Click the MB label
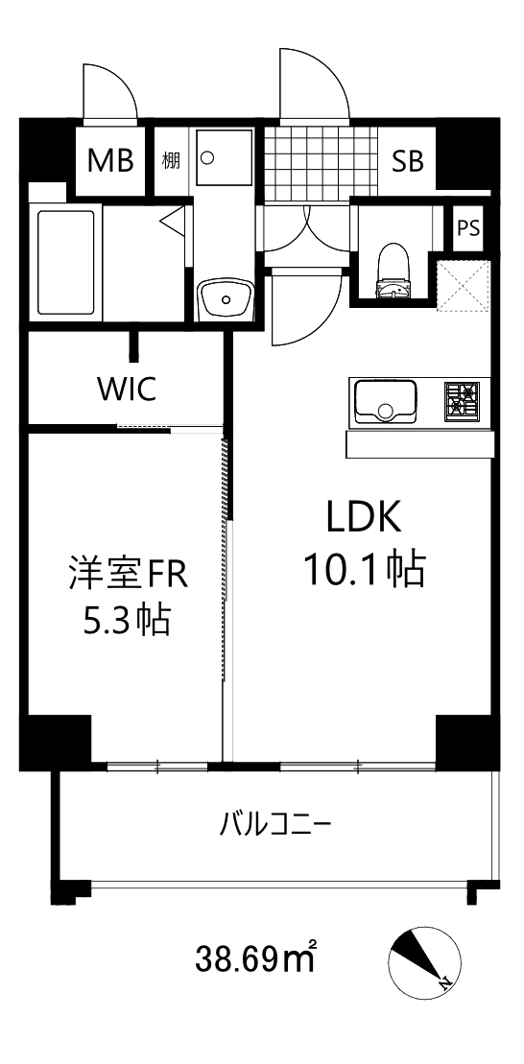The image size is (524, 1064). (x=110, y=161)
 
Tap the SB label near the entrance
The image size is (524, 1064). (x=407, y=161)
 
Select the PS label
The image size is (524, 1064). (x=469, y=229)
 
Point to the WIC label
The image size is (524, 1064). (x=126, y=390)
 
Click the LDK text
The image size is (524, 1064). (x=363, y=519)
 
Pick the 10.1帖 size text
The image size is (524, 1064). (x=364, y=571)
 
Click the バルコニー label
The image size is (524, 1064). (x=275, y=824)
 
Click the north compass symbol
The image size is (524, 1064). (x=425, y=960)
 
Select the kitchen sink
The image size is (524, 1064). (x=385, y=401)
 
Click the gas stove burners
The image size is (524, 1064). (x=462, y=400)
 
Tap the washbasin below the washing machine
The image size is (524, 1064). (x=226, y=298)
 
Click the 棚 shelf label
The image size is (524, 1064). (x=171, y=161)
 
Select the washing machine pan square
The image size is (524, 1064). (x=225, y=157)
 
